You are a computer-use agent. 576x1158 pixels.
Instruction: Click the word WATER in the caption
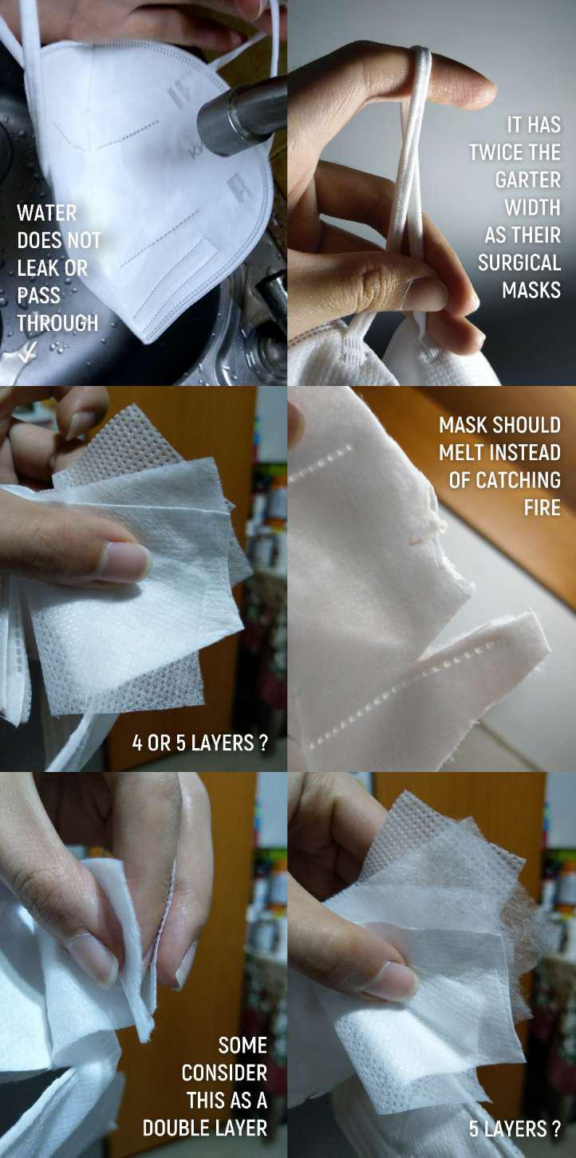click(46, 212)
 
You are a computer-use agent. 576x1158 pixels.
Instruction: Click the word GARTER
click(527, 179)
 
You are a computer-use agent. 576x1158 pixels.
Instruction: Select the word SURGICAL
click(519, 262)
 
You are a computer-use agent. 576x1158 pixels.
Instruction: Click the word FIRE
click(542, 508)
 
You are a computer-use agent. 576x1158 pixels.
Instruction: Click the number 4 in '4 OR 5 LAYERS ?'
click(137, 742)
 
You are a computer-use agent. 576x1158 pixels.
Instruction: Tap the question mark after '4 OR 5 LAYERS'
click(263, 742)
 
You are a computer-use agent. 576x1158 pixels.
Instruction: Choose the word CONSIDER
click(224, 1073)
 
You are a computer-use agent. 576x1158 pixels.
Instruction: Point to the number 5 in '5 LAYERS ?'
click(474, 1128)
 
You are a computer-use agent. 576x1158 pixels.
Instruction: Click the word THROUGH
click(57, 322)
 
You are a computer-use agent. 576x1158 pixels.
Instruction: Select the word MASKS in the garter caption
click(531, 289)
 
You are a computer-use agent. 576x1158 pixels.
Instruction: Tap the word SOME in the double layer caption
click(243, 1045)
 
